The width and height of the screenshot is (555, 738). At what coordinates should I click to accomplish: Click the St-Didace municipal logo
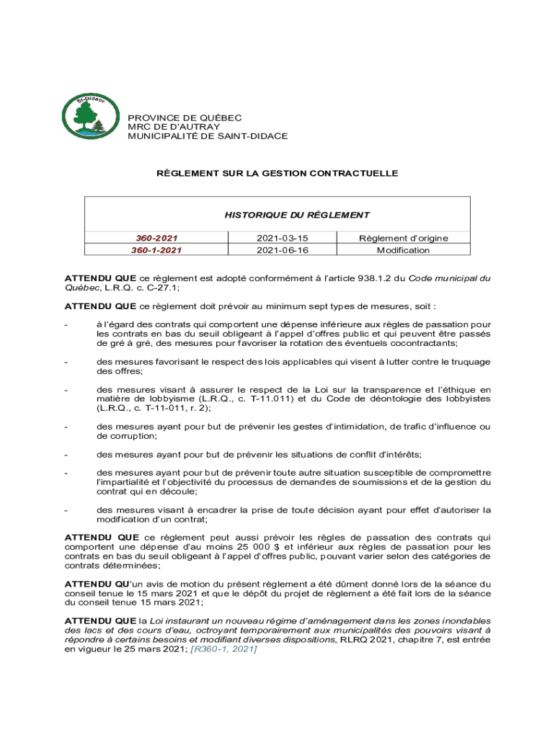pyautogui.click(x=85, y=116)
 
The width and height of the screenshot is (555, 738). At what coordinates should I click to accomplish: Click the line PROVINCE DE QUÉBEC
pyautogui.click(x=185, y=117)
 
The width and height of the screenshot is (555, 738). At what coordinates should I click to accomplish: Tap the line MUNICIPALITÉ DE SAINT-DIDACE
pyautogui.click(x=208, y=135)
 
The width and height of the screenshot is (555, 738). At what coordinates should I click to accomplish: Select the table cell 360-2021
pyautogui.click(x=156, y=239)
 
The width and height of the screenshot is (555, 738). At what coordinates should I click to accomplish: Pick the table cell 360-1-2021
pyautogui.click(x=156, y=250)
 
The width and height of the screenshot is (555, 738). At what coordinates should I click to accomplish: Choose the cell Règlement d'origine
pyautogui.click(x=404, y=239)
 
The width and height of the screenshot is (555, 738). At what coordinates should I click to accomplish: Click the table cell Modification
pyautogui.click(x=404, y=250)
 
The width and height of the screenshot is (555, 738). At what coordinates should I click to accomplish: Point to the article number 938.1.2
pyautogui.click(x=355, y=277)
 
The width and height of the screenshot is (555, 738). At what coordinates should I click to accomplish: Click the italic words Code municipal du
pyautogui.click(x=445, y=277)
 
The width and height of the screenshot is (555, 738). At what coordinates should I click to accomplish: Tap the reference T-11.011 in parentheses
pyautogui.click(x=267, y=399)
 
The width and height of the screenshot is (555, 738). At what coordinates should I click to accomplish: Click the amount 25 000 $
pyautogui.click(x=249, y=547)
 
